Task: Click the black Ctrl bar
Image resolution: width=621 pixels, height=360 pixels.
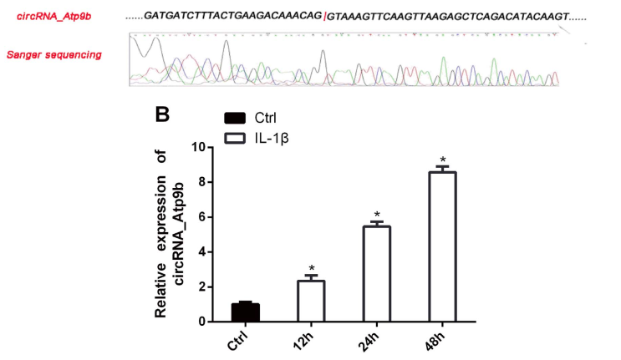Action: pos(246,312)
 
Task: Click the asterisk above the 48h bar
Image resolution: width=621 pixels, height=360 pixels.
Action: pos(443,160)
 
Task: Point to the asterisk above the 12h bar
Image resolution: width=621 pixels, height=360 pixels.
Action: pos(312,269)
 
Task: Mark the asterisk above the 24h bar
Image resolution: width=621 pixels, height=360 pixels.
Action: pos(377,215)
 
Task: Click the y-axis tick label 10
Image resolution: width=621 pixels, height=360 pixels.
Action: pos(198,147)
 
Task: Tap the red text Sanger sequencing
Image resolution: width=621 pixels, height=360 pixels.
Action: pos(53,55)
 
